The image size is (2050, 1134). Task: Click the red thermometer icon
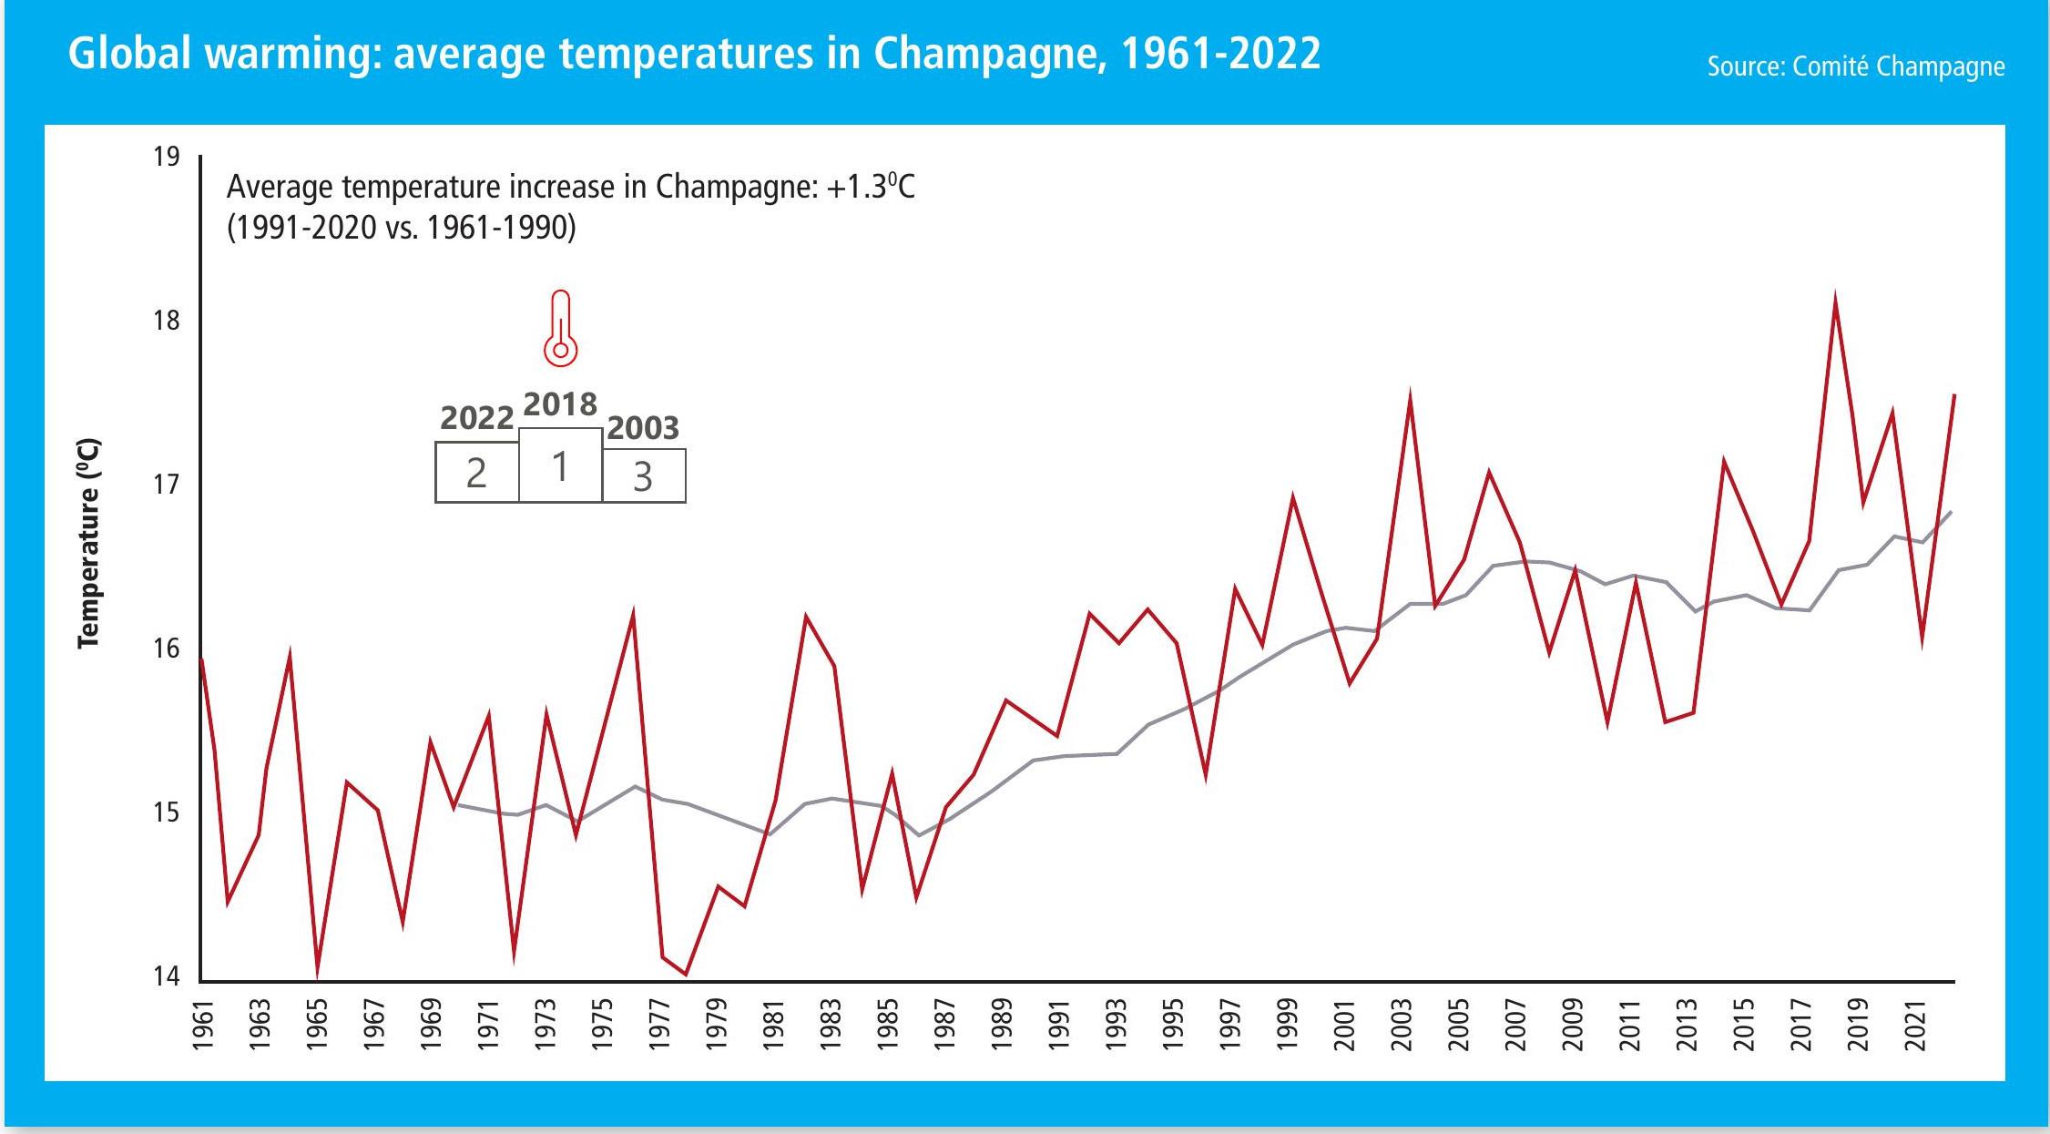(x=560, y=329)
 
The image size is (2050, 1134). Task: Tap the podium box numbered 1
(x=560, y=465)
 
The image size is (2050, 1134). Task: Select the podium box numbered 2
(x=476, y=472)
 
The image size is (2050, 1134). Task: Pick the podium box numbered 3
(x=643, y=475)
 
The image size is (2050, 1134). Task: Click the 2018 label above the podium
(x=560, y=404)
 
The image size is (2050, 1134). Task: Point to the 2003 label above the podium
(x=643, y=427)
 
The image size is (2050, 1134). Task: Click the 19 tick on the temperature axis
(x=167, y=157)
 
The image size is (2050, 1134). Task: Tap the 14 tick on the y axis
(x=167, y=976)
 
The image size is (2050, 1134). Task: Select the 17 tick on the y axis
(x=167, y=484)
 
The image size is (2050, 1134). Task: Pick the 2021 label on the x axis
(x=1916, y=1025)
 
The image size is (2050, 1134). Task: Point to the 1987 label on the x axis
(x=944, y=1025)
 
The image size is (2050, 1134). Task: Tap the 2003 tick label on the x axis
(x=1402, y=1025)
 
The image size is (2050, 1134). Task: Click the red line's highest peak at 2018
(x=1835, y=300)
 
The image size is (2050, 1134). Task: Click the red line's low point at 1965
(x=317, y=974)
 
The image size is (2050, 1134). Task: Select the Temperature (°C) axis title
(x=88, y=543)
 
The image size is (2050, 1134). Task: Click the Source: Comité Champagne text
(x=1855, y=66)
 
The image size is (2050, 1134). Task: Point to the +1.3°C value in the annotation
(x=870, y=187)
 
